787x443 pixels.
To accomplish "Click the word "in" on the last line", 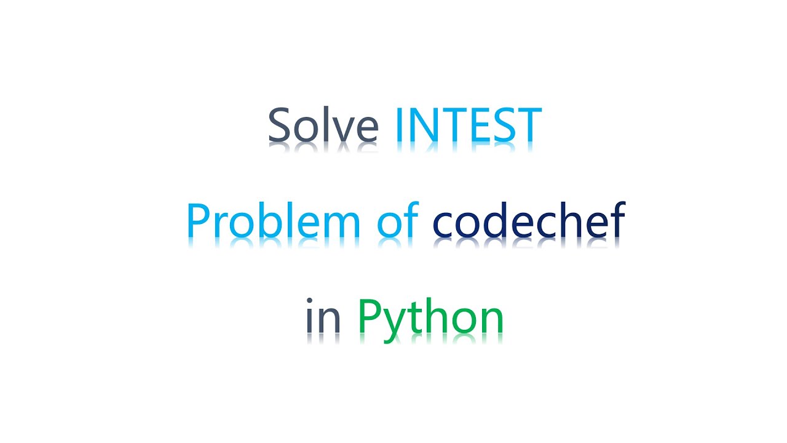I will [323, 317].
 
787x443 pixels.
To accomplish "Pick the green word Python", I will [430, 319].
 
